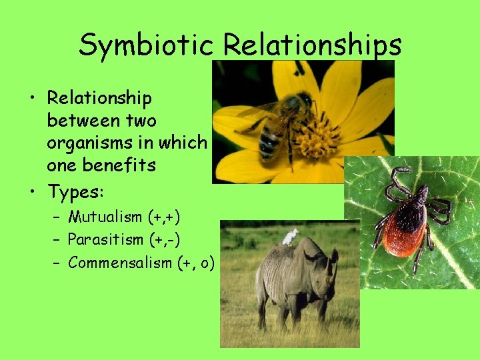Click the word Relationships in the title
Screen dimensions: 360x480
[x=312, y=45]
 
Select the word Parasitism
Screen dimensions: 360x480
[x=105, y=239]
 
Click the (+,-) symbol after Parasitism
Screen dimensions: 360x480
[x=163, y=239]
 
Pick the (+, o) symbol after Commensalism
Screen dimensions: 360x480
[x=197, y=263]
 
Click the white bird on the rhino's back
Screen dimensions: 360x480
[x=290, y=236]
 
